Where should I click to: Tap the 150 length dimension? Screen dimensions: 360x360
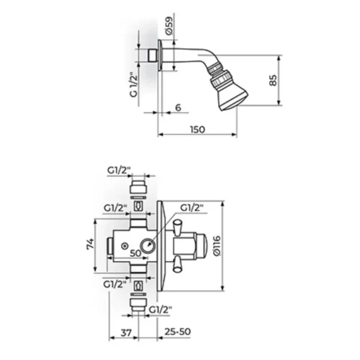197,130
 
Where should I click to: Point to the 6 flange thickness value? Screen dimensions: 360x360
178,107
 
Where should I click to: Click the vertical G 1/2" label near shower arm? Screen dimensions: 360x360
134,85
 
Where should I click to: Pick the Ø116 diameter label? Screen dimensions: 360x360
217,245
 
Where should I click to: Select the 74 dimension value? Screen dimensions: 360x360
90,244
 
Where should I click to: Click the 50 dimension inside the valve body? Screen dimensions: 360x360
136,253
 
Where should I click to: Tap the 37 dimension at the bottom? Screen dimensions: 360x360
126,332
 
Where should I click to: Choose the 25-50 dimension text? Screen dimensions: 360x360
178,332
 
